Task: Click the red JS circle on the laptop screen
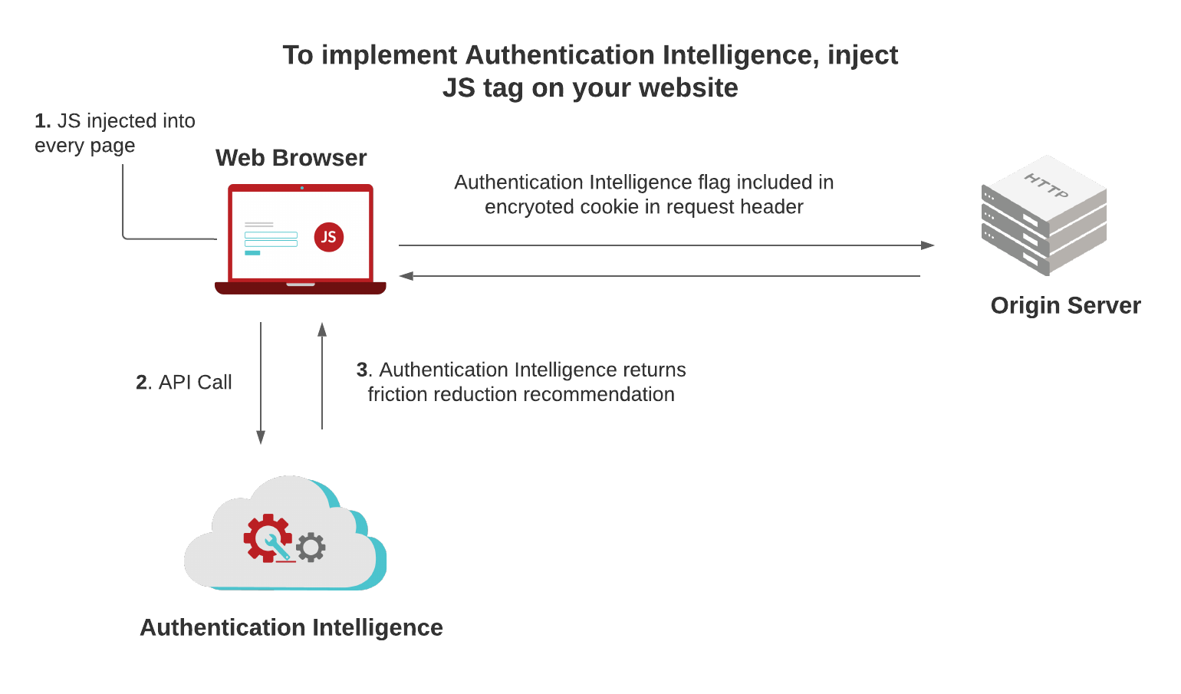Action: coord(329,237)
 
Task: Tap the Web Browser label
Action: coord(291,158)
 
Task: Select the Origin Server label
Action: coord(1065,305)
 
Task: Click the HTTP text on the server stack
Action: coord(1046,186)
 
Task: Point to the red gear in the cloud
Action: coord(267,538)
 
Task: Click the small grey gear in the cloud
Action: coord(311,548)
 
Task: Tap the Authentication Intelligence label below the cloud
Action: coord(291,627)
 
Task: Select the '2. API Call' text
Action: coord(184,382)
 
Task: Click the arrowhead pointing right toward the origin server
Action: coord(927,245)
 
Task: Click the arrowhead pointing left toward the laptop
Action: coord(406,276)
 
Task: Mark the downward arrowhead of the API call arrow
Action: coord(261,437)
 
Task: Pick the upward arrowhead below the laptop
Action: coord(322,330)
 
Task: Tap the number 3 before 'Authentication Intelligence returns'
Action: coord(362,370)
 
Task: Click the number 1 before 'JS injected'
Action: coord(41,121)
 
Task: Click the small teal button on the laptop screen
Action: coord(252,252)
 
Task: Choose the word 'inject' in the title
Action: coord(862,55)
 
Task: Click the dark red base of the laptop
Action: coord(300,288)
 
